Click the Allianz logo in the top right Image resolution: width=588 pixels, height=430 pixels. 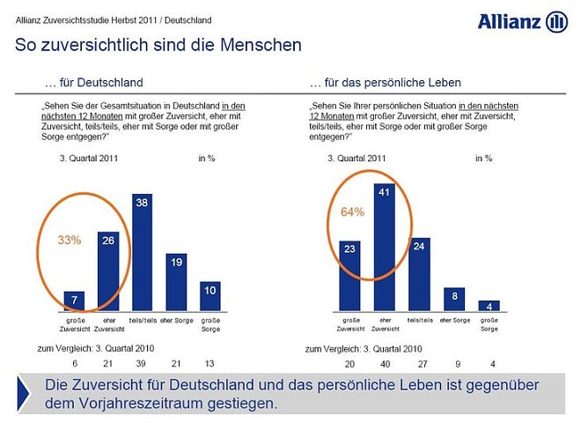pyautogui.click(x=523, y=21)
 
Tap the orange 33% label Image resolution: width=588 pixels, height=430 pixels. pyautogui.click(x=70, y=240)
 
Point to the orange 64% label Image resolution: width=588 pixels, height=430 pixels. pyautogui.click(x=352, y=211)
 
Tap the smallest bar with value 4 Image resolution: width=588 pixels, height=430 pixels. pyautogui.click(x=489, y=305)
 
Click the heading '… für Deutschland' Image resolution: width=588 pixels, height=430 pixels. pyautogui.click(x=93, y=83)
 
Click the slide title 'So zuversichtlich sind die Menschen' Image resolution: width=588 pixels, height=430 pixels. pyautogui.click(x=158, y=44)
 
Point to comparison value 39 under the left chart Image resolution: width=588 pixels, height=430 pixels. pyautogui.click(x=142, y=362)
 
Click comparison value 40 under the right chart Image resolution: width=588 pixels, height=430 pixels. pyautogui.click(x=383, y=362)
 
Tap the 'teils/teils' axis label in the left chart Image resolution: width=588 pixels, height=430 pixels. pyautogui.click(x=142, y=319)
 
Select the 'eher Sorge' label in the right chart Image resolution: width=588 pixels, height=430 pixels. pyautogui.click(x=455, y=319)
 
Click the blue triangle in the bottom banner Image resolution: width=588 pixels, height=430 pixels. pyautogui.click(x=27, y=393)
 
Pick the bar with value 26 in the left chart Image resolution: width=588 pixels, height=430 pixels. pyautogui.click(x=109, y=264)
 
